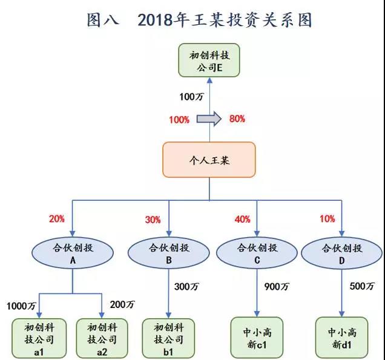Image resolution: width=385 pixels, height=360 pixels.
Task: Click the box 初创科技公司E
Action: pos(209,61)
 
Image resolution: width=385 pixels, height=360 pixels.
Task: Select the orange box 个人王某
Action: pos(209,160)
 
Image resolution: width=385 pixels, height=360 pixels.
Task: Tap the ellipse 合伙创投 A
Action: pos(73,253)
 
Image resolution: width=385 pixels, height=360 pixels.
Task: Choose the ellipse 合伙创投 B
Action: pos(169,253)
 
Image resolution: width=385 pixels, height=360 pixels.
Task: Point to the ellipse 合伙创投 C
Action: pos(257,253)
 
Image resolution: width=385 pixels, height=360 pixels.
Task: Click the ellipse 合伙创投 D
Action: pos(341,253)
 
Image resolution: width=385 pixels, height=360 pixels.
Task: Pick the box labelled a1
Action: pos(39,338)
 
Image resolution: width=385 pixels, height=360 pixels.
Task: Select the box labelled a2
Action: pos(102,338)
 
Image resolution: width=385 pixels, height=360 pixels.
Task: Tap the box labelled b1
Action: pos(168,338)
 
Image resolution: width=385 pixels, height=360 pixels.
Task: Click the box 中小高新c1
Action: pos(257,338)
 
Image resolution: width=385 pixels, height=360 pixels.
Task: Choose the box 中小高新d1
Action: pos(341,338)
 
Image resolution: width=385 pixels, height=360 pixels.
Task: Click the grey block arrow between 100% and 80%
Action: pos(209,119)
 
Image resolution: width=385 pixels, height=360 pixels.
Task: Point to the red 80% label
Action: pos(237,119)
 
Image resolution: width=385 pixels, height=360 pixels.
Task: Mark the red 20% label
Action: pos(57,218)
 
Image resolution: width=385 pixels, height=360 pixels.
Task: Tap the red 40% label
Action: pos(243,219)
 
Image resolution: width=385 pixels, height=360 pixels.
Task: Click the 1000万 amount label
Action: pos(21,306)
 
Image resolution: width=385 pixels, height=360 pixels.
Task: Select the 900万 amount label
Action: pos(277,287)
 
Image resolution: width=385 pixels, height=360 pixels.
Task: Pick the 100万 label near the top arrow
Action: pos(191,97)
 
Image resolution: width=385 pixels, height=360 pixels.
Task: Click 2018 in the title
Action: pos(156,19)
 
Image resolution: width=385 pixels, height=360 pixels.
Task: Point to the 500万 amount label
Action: pos(362,286)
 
